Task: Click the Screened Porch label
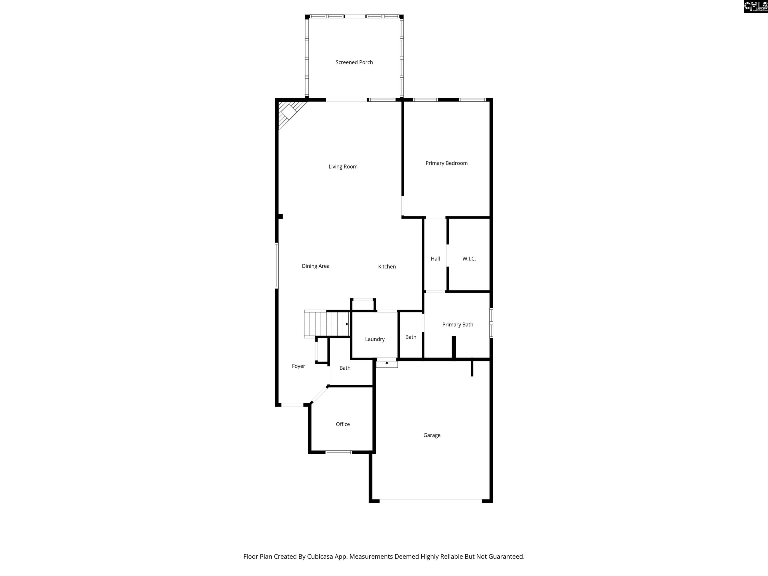pos(354,62)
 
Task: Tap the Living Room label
pos(343,167)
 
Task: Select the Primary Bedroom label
pos(446,163)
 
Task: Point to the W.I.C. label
pos(469,259)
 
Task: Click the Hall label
pos(435,259)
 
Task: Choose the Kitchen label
pos(387,267)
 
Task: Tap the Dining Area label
pos(315,266)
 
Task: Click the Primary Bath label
pos(457,325)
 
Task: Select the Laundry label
pos(375,339)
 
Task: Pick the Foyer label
pos(298,366)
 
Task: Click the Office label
pos(343,424)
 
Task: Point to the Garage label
pos(432,435)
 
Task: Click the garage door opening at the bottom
pos(430,501)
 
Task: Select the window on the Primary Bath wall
pos(491,323)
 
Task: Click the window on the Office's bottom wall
pos(338,452)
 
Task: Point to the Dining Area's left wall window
pos(277,265)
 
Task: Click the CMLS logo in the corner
pos(755,6)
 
